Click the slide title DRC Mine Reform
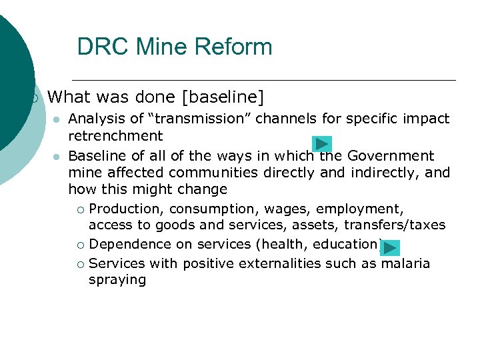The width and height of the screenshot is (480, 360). pyautogui.click(x=175, y=47)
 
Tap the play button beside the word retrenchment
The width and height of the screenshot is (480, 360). pyautogui.click(x=322, y=143)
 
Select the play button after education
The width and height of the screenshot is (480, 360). pyautogui.click(x=390, y=248)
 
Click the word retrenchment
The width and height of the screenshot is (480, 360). pyautogui.click(x=115, y=136)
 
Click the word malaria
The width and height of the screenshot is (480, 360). pyautogui.click(x=405, y=263)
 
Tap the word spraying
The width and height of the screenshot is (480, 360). pyautogui.click(x=117, y=279)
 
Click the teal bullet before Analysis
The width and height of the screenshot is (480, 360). pyautogui.click(x=57, y=119)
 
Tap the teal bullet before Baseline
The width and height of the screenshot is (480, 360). pyautogui.click(x=57, y=157)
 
